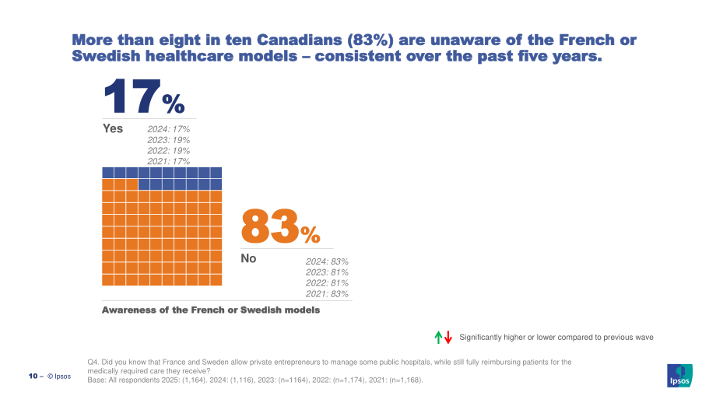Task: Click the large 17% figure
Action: (x=144, y=96)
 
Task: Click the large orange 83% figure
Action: (x=280, y=226)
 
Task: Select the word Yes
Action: (x=113, y=128)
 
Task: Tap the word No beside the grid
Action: (x=248, y=258)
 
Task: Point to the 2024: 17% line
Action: (x=169, y=129)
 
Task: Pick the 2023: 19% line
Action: (x=169, y=140)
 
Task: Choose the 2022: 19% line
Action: (x=169, y=151)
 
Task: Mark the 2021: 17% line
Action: (x=169, y=161)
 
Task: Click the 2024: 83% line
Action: (x=327, y=261)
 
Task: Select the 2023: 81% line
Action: (x=327, y=272)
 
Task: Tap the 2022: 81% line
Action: (x=327, y=283)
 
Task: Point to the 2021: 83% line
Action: (x=327, y=294)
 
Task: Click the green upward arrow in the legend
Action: (x=438, y=338)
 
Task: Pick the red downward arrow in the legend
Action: (x=448, y=338)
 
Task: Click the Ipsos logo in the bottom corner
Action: (x=679, y=376)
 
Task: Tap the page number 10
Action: (x=33, y=376)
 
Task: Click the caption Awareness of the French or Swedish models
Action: (x=211, y=310)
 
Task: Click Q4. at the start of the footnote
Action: (x=93, y=363)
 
